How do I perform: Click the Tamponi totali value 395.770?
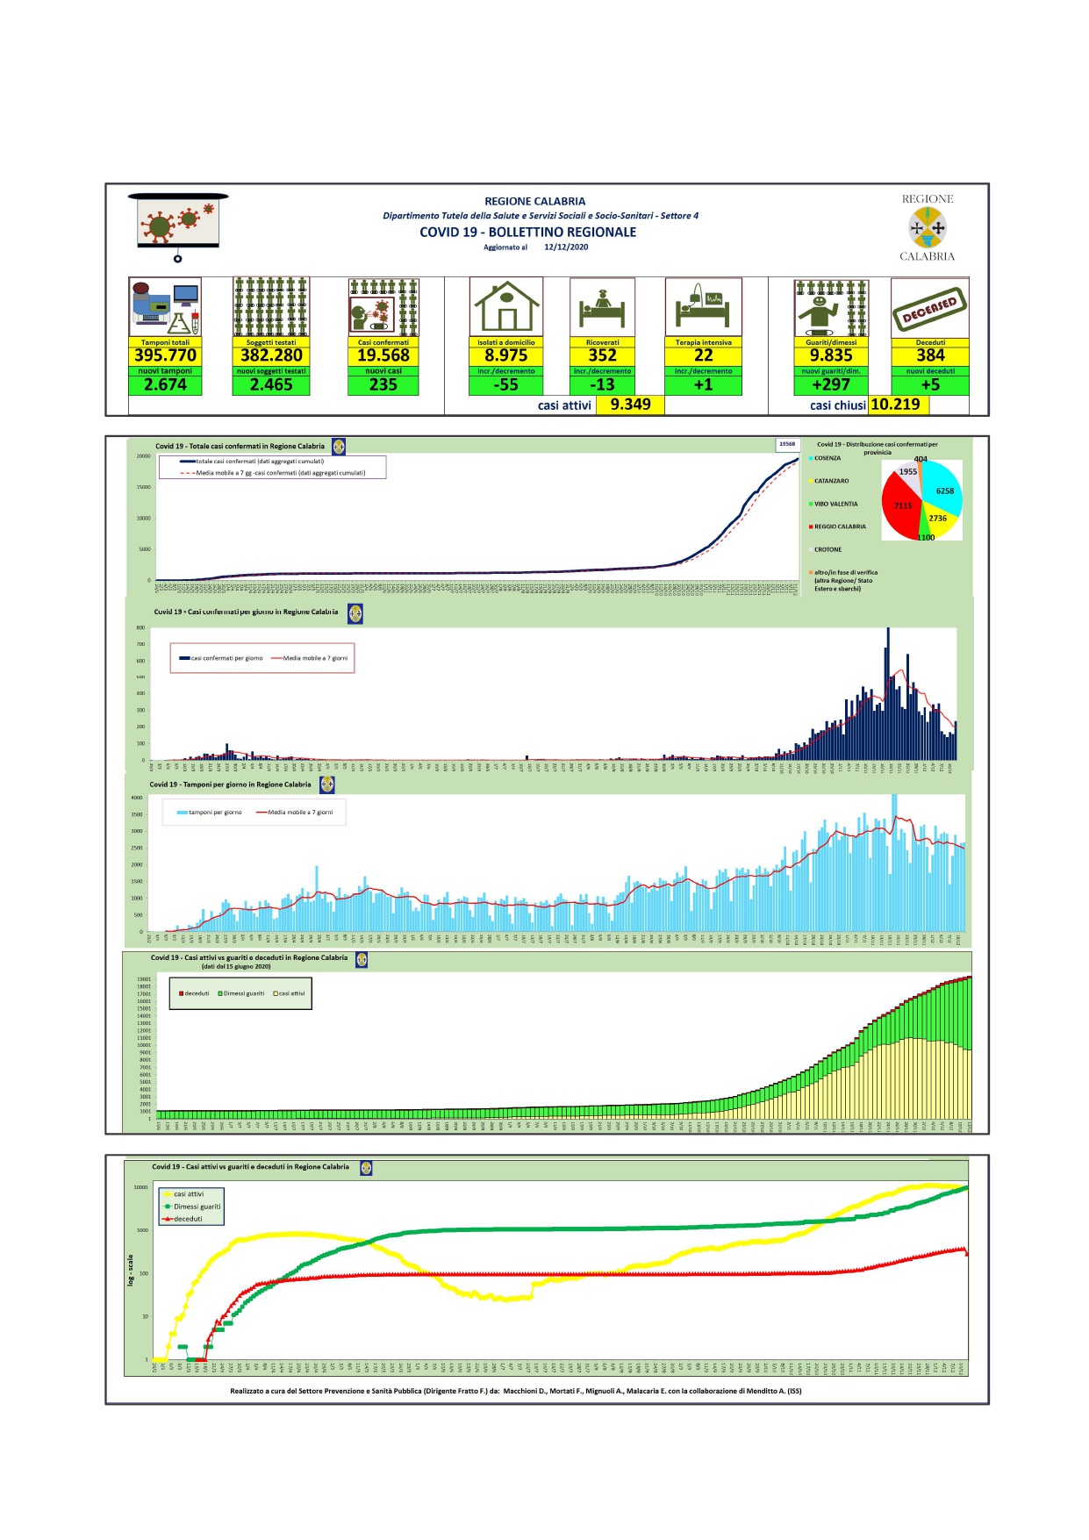pos(165,355)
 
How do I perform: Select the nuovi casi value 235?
pos(383,384)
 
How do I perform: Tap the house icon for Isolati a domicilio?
pos(506,307)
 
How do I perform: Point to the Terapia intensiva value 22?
pos(703,355)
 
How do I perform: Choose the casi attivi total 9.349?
pos(630,405)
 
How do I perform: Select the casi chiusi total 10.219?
pos(895,405)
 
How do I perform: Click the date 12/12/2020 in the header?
pos(566,247)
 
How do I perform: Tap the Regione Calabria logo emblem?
pos(928,228)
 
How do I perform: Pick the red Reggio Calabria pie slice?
pos(900,505)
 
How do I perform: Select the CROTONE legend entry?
pos(827,549)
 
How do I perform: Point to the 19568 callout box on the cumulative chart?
pos(787,444)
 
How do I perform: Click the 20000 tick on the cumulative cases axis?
pos(143,456)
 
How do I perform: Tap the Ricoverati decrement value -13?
pos(602,384)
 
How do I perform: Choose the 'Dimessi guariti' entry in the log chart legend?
pos(197,1207)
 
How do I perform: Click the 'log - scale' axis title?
pos(131,1270)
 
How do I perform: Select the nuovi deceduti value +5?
pos(930,384)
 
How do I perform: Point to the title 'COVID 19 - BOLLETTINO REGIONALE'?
pos(527,233)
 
